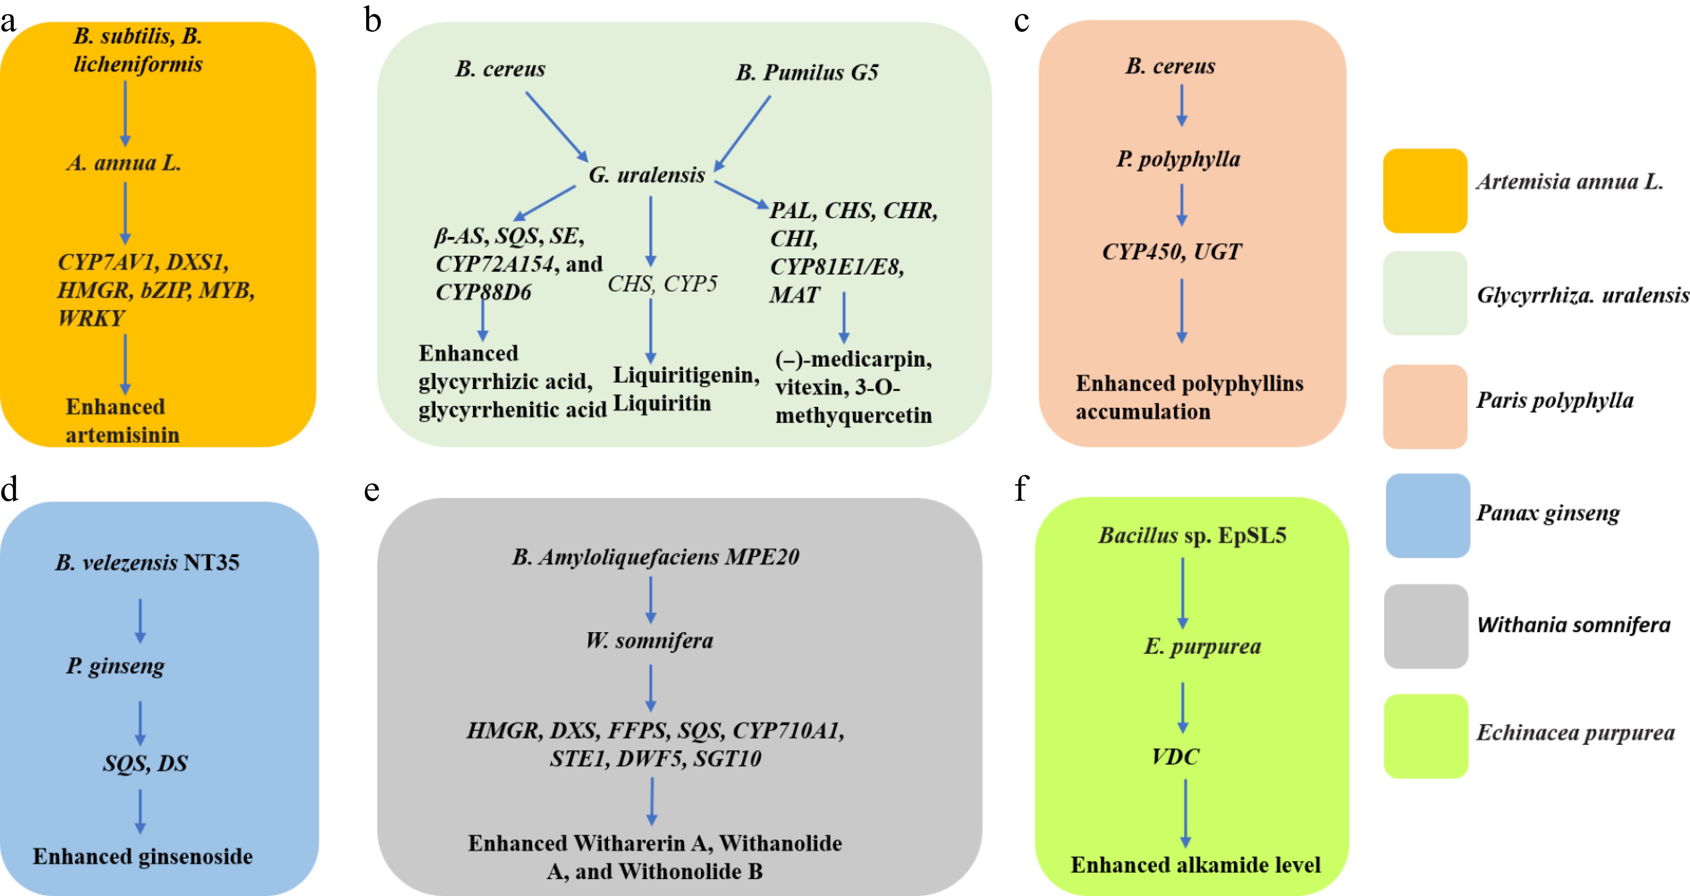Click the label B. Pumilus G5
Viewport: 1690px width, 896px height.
807,72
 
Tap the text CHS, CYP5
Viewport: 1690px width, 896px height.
662,283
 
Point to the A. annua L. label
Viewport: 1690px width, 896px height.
123,163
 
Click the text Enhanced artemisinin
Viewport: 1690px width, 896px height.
122,420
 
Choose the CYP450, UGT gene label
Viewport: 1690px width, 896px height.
1172,251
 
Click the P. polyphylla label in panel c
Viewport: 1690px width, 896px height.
1178,159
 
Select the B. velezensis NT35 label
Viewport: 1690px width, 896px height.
147,562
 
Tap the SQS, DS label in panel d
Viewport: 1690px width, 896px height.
145,763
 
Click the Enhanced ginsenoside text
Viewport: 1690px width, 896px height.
143,856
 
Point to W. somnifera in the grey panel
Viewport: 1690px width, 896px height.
650,640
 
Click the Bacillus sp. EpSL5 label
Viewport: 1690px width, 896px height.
1192,535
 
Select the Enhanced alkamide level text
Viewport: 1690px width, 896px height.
1196,865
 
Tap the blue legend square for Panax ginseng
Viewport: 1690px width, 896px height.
1428,516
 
